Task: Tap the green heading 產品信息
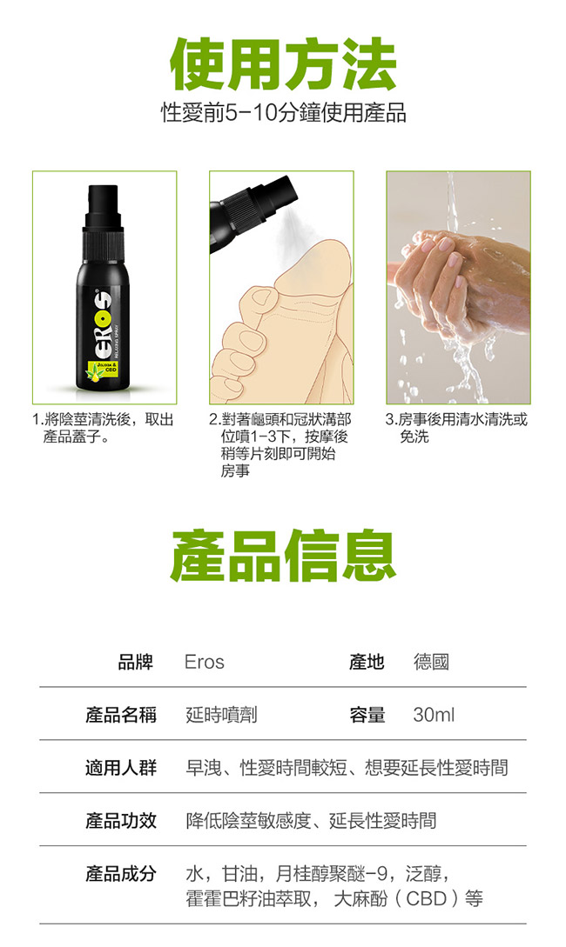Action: pos(283,556)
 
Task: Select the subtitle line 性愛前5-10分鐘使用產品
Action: pos(283,113)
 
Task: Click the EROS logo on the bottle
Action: pos(102,327)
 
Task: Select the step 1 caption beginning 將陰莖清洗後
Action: pos(104,428)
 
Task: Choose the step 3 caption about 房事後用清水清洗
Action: pos(456,428)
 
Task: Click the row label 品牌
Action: pos(135,662)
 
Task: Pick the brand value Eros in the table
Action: pos(205,662)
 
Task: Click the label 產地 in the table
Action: pos(367,662)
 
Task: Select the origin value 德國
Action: pos(431,662)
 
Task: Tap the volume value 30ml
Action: pos(434,715)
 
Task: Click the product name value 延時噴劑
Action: pos(221,715)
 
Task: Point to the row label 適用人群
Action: pos(121,768)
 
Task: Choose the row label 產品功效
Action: pos(121,821)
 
